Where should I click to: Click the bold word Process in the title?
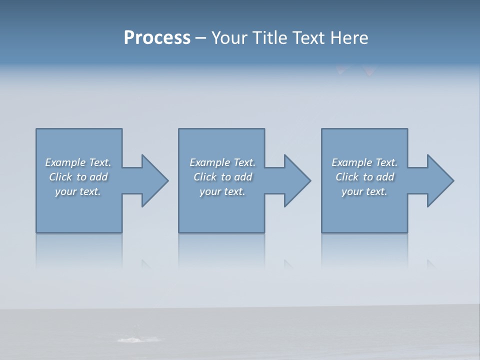point(157,38)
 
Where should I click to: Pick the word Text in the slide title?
point(309,38)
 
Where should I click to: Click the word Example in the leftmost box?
point(65,162)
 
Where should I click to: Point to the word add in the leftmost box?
point(99,177)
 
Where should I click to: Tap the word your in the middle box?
point(210,191)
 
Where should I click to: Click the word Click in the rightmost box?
point(347,177)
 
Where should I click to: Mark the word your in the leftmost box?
point(66,191)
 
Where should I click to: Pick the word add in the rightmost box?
point(385,177)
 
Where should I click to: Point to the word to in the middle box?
point(226,177)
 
